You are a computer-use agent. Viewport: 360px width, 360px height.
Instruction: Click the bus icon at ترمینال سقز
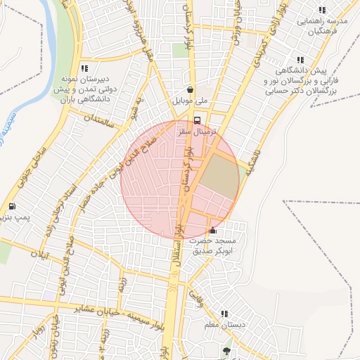point(197,120)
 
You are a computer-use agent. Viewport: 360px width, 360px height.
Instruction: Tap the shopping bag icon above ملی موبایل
point(191,90)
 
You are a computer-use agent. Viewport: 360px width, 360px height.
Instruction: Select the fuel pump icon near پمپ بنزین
point(12,207)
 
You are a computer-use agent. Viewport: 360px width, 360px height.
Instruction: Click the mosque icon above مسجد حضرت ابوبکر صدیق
point(213,230)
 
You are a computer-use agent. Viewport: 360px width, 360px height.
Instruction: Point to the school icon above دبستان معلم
point(224,314)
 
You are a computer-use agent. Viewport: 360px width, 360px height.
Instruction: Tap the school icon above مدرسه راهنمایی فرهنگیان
point(322,10)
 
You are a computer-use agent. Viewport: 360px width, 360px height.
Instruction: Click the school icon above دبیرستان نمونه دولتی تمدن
point(84,68)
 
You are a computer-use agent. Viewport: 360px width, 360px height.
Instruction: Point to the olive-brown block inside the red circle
point(219,176)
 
